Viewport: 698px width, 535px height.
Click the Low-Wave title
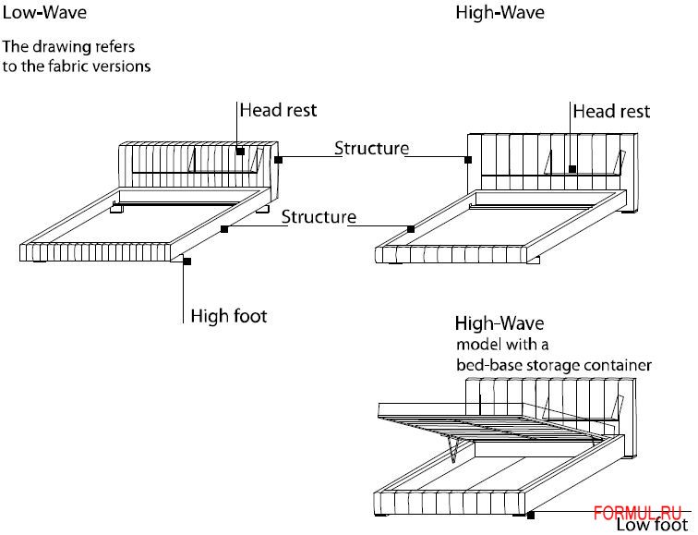[44, 13]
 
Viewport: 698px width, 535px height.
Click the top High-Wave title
[499, 13]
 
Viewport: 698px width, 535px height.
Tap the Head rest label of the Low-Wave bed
[278, 110]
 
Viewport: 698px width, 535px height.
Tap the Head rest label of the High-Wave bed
[611, 111]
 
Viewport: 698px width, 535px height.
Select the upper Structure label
[371, 148]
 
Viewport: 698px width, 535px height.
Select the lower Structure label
[319, 217]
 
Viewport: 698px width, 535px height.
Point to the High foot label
[228, 316]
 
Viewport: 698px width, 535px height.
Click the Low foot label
[652, 526]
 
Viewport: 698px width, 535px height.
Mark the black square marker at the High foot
[187, 262]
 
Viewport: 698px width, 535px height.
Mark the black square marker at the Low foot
[530, 514]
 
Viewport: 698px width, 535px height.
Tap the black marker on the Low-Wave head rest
[239, 151]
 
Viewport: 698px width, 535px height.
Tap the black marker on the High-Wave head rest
[572, 169]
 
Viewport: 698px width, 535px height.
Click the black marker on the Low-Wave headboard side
[278, 160]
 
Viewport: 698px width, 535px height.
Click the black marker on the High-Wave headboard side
[469, 160]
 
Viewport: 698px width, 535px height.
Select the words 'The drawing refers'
[68, 45]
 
